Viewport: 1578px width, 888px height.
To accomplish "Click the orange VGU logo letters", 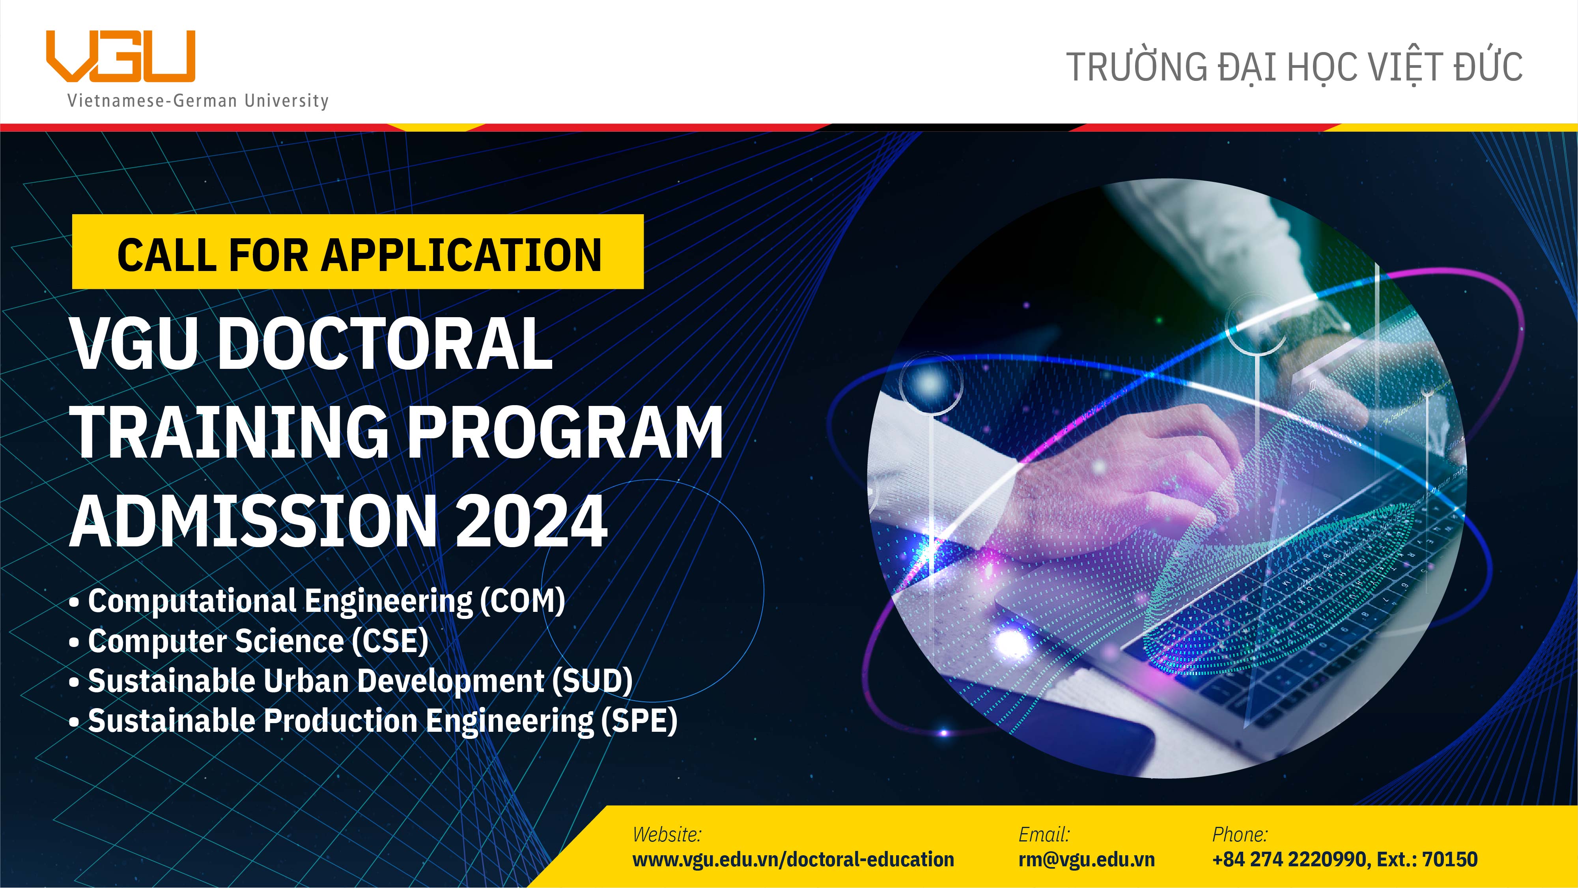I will [x=121, y=56].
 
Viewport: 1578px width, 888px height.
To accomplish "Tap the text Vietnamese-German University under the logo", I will [x=197, y=101].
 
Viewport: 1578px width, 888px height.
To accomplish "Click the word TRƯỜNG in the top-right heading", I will [x=1136, y=67].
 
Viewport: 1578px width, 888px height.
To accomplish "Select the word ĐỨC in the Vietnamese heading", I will [x=1488, y=67].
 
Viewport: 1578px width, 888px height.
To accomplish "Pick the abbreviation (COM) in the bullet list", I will [x=522, y=601].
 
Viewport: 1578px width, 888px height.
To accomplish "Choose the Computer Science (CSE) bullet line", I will [x=257, y=641].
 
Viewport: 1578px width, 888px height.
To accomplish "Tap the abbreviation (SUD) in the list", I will [x=592, y=681].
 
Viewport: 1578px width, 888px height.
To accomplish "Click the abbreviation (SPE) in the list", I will [x=638, y=721].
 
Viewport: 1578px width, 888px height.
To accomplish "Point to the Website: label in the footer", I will [x=667, y=835].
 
